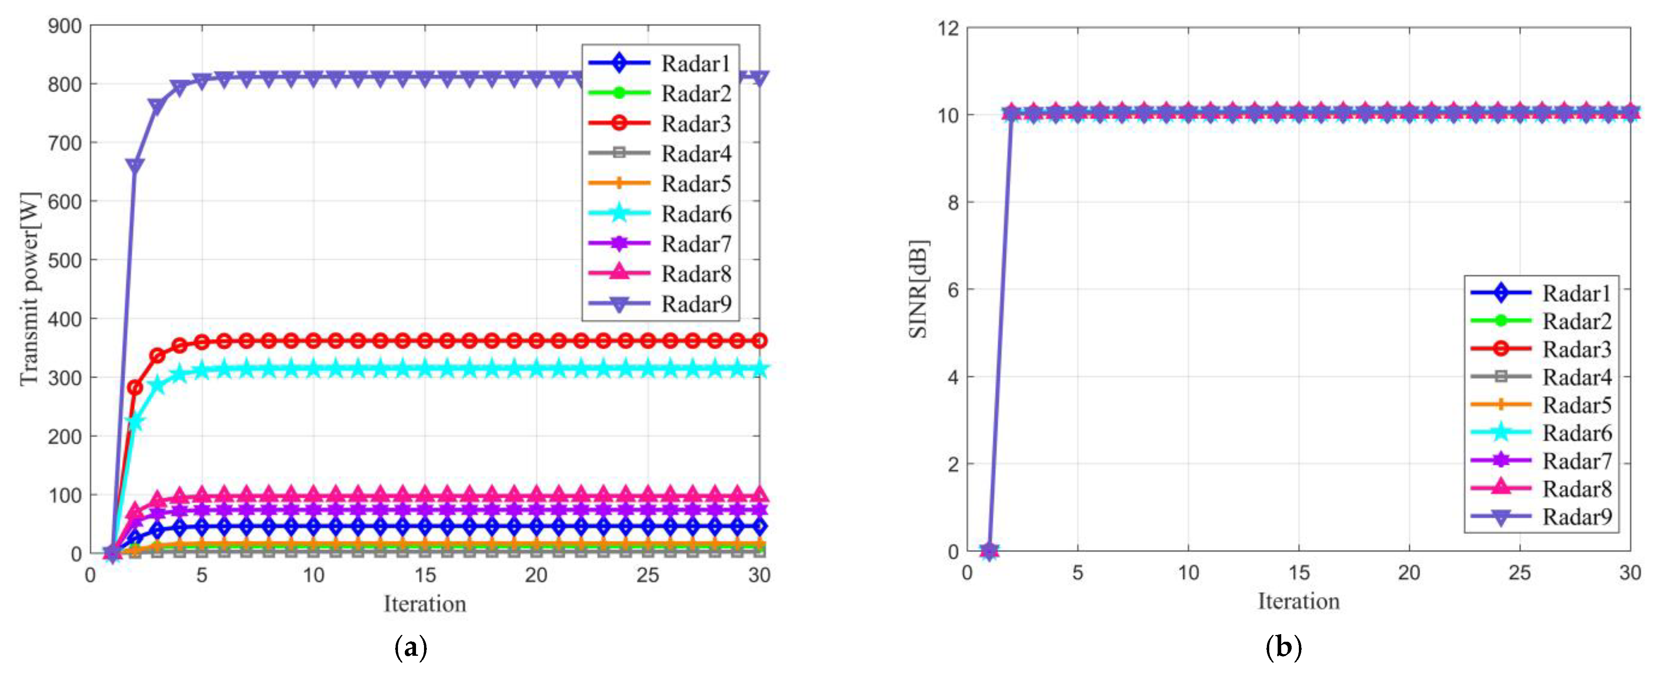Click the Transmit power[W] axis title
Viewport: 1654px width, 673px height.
pyautogui.click(x=29, y=288)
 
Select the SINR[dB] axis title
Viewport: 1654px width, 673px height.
pyautogui.click(x=918, y=289)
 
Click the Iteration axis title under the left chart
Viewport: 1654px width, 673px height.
pyautogui.click(x=424, y=604)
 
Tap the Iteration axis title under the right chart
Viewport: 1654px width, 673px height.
pyautogui.click(x=1298, y=601)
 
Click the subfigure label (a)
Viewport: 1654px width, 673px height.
pyautogui.click(x=410, y=647)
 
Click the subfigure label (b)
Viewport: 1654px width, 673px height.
pyautogui.click(x=1283, y=647)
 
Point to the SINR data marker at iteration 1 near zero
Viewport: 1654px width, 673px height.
pyautogui.click(x=989, y=550)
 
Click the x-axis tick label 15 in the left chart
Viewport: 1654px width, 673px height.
pyautogui.click(x=424, y=575)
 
